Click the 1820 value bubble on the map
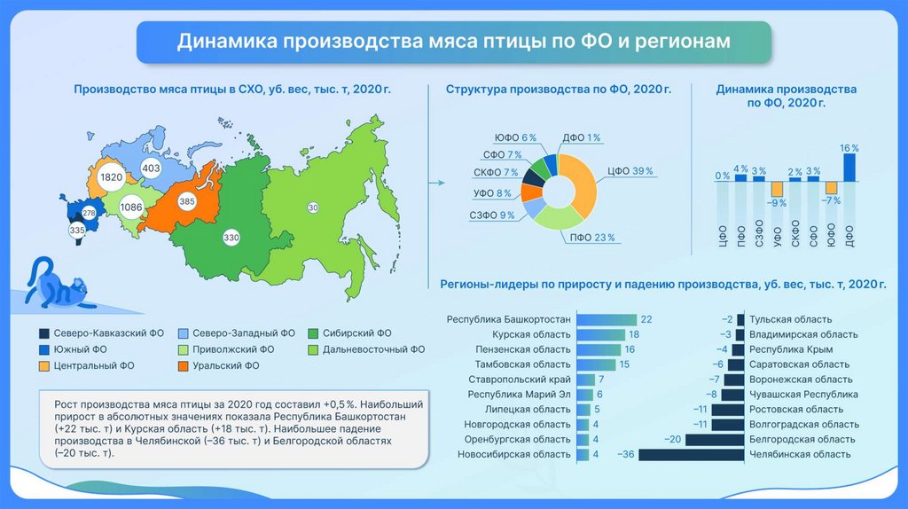tap(112, 177)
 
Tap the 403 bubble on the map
tap(151, 168)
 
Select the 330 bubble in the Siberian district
tap(231, 238)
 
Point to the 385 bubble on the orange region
tap(185, 201)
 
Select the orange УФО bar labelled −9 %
tap(777, 189)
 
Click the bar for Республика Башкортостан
tap(607, 319)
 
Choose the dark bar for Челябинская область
tap(690, 454)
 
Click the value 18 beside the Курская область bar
tap(634, 334)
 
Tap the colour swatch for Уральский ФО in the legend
tap(184, 364)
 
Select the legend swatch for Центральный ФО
tap(43, 364)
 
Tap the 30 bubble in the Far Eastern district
tap(313, 208)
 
